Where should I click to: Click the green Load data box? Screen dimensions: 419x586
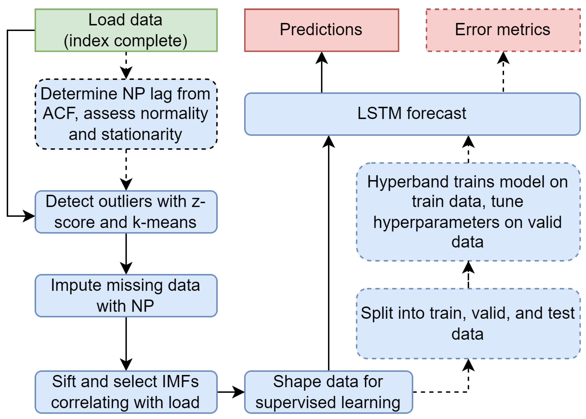coord(126,30)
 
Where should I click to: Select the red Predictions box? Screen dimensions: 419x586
coord(322,30)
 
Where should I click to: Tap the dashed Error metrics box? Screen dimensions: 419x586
coord(503,30)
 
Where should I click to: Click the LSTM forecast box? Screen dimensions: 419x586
coord(412,114)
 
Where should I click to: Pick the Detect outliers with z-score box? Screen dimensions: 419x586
coord(126,212)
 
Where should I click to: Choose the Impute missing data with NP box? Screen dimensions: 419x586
coord(126,295)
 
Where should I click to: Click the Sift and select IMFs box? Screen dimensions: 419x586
coord(126,392)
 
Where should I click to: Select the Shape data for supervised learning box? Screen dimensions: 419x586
coord(328,392)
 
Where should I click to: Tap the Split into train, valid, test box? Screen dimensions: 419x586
coord(468,323)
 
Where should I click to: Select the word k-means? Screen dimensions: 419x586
coord(164,222)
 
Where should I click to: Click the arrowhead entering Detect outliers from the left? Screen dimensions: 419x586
coord(29,216)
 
